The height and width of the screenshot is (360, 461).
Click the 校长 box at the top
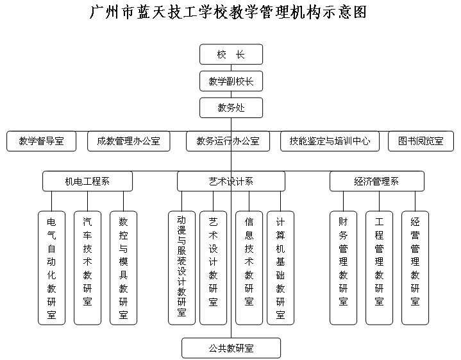pos(231,55)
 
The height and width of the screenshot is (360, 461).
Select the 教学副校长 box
pos(231,81)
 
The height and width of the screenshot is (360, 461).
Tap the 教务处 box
pos(231,108)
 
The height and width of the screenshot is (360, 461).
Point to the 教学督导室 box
pos(42,141)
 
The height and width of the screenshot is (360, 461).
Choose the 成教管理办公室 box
pos(129,141)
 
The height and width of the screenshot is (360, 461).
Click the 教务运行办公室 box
pos(228,141)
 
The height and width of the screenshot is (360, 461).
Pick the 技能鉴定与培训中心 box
pos(330,141)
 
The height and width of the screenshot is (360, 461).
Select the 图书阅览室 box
pos(421,141)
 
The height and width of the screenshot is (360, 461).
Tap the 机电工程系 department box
pos(88,182)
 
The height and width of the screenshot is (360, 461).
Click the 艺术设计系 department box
pos(231,182)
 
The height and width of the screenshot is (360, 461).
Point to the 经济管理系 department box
pos(377,182)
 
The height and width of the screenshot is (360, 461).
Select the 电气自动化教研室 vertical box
pos(52,268)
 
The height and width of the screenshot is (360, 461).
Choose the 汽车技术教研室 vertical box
pos(88,268)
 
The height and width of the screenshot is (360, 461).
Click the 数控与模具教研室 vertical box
pos(124,268)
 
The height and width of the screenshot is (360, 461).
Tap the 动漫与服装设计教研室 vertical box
pos(181,268)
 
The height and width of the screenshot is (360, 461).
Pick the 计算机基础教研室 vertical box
pos(280,268)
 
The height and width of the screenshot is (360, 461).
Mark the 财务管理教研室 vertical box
pos(344,268)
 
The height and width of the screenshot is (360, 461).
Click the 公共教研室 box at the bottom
pos(231,348)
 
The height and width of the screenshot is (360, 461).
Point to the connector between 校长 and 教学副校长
pos(231,68)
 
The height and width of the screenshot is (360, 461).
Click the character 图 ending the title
pos(360,13)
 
